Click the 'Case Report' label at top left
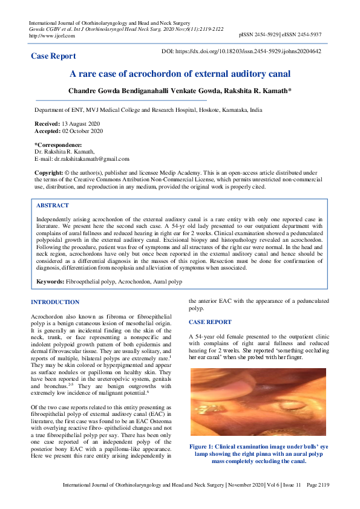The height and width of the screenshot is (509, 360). tap(54, 56)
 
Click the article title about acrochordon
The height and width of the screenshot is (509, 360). tap(180, 74)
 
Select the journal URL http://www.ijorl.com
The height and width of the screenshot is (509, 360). tap(52, 36)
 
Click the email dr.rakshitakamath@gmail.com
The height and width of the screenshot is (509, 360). tap(91, 159)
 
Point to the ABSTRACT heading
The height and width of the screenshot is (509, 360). tap(53, 206)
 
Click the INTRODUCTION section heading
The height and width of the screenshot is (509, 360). tap(54, 302)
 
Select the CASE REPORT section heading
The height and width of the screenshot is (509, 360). tap(210, 322)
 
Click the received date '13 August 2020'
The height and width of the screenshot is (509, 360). tap(79, 123)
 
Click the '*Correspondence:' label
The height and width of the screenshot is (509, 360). tap(58, 145)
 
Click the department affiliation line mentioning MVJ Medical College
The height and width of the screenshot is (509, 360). tap(148, 111)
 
